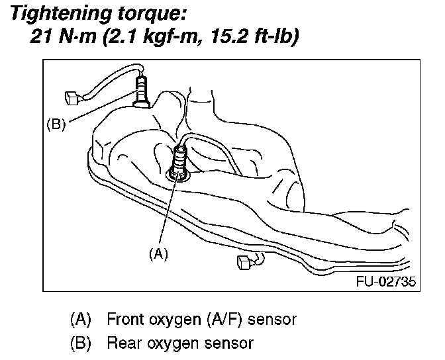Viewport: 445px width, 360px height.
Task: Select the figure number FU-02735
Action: tap(385, 281)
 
